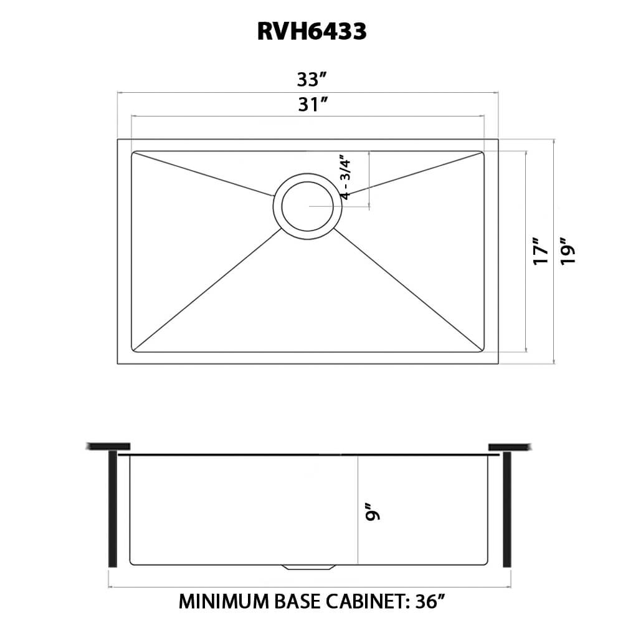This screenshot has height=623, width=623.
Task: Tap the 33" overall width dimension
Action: tap(311, 80)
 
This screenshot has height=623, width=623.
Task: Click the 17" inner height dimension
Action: tap(540, 250)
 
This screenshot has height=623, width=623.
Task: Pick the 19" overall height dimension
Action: tap(567, 250)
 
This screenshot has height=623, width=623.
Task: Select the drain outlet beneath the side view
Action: tap(308, 567)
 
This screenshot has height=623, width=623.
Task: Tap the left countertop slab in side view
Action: tap(108, 446)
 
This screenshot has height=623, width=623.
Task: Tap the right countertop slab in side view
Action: tap(509, 446)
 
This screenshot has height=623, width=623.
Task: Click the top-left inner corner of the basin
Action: tap(133, 151)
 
